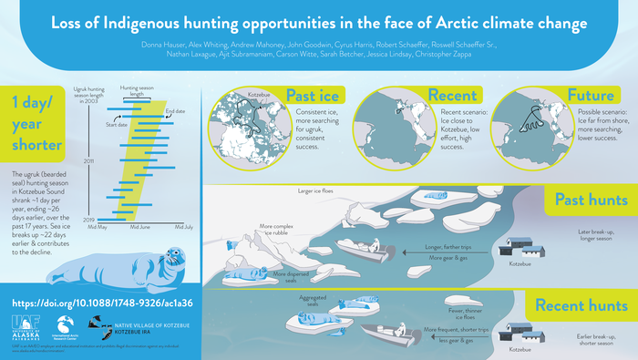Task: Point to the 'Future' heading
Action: (x=591, y=96)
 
